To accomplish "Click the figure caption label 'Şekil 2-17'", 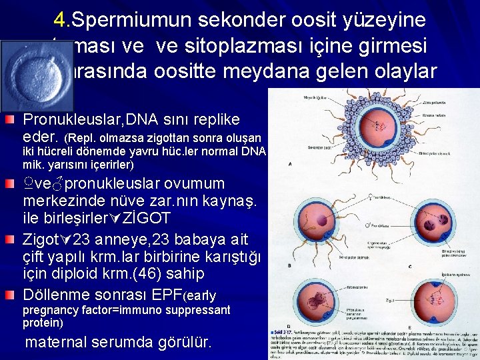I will click(x=284, y=331).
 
